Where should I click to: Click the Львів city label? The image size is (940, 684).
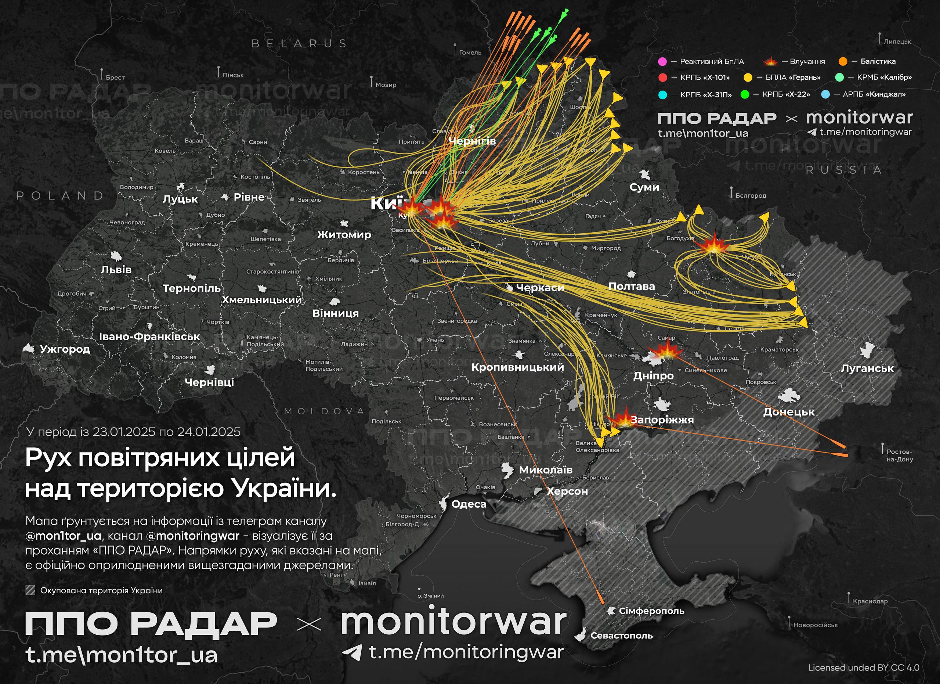[x=116, y=270]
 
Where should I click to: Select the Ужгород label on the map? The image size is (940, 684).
[x=65, y=349]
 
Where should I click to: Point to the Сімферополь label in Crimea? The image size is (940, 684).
[x=651, y=611]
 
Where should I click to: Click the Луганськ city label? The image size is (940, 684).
[x=867, y=368]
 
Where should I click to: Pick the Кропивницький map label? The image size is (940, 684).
[x=518, y=367]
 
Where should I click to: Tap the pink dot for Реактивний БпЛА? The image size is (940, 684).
[x=662, y=62]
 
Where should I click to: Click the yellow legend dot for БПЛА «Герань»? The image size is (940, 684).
[x=748, y=78]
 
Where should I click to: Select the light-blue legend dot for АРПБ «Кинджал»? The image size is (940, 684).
[x=825, y=94]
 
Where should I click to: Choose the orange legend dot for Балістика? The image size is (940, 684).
[x=843, y=62]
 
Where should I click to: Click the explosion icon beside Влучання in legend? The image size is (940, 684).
[x=770, y=62]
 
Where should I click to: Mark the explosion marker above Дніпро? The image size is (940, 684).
[x=665, y=352]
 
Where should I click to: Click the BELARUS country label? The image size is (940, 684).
[x=299, y=43]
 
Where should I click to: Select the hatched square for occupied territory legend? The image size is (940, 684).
[x=30, y=590]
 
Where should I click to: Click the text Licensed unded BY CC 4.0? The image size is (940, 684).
[x=864, y=667]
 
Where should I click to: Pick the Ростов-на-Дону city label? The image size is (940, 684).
[x=899, y=455]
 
